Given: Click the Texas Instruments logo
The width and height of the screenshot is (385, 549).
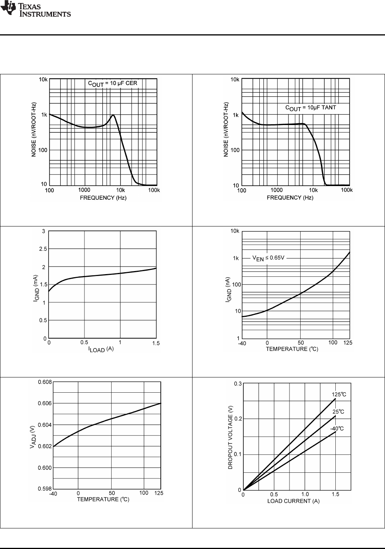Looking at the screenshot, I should (x=36, y=9).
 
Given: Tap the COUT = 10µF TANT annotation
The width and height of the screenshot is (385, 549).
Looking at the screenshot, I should (x=311, y=108).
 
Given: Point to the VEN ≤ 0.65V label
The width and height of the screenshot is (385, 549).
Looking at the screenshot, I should (x=268, y=258).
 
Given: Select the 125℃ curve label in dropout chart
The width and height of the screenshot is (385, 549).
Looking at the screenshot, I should (x=338, y=394).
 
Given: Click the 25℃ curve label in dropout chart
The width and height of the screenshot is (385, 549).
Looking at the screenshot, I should (x=338, y=412).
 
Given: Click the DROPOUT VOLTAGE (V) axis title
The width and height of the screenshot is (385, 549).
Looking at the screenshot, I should (x=231, y=437).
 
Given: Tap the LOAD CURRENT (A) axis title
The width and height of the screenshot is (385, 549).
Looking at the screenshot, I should (x=293, y=501).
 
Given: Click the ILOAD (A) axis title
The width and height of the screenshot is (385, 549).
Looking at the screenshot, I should (x=101, y=349).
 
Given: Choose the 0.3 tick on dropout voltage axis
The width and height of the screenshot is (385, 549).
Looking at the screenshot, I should (x=238, y=384).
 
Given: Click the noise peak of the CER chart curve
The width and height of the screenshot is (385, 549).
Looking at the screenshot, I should (x=113, y=115).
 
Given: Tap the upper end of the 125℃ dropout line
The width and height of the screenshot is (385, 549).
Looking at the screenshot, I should (x=335, y=399).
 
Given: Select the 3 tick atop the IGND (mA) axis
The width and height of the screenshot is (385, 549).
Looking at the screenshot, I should (x=44, y=231).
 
